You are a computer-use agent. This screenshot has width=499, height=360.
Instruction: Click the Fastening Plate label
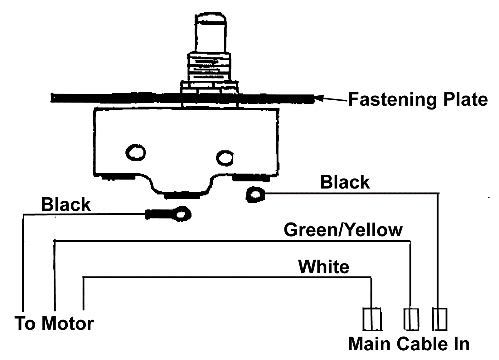click(418, 99)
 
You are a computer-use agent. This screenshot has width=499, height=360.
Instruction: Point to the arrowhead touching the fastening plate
click(318, 99)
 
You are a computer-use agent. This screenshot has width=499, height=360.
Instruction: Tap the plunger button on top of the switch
click(210, 31)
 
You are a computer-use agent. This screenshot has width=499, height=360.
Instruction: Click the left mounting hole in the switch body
click(135, 152)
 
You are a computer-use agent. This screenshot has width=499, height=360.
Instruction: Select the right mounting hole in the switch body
click(225, 158)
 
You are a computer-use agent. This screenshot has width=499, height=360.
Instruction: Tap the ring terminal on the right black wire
click(255, 195)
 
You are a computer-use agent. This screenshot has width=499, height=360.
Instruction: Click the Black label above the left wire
click(66, 205)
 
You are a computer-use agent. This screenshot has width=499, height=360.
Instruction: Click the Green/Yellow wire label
click(343, 230)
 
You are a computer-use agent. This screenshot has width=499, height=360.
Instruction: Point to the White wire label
click(324, 267)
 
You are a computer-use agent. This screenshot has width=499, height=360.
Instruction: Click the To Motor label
click(54, 323)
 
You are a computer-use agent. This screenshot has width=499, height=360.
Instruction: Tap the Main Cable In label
click(409, 344)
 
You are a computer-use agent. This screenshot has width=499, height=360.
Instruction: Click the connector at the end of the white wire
click(372, 319)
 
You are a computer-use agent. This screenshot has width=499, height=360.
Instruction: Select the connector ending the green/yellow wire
click(411, 319)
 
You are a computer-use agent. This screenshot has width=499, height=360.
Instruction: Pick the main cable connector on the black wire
click(439, 319)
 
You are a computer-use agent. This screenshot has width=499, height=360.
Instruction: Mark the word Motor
click(68, 323)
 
